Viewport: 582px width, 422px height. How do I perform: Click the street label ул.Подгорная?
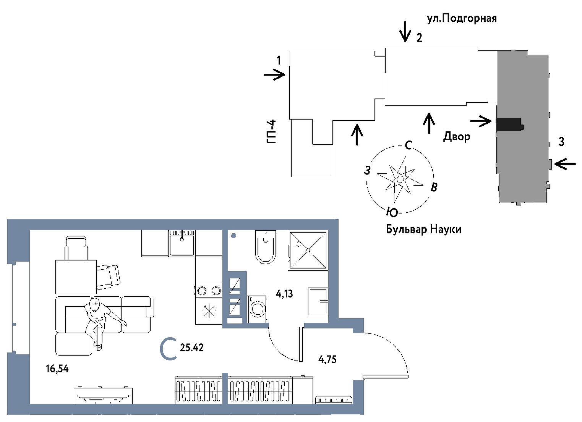click(x=462, y=19)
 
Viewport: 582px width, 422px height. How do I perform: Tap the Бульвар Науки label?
click(x=423, y=230)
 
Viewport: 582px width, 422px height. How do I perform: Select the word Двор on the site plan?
click(x=457, y=137)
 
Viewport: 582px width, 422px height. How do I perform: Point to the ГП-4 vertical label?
click(x=271, y=131)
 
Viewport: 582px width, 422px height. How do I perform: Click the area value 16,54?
click(x=57, y=369)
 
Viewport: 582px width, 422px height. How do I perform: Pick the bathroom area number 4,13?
click(x=284, y=294)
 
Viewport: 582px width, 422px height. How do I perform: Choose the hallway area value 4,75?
click(x=327, y=360)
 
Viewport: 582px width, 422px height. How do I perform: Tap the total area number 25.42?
click(x=192, y=348)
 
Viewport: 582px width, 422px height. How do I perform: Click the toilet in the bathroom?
click(x=266, y=247)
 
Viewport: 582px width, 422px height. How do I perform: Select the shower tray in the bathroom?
click(x=308, y=251)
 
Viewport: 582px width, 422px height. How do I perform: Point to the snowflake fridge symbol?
click(x=209, y=311)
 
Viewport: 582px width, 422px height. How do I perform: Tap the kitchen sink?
click(x=182, y=243)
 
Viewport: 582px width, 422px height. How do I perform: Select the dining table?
click(x=76, y=277)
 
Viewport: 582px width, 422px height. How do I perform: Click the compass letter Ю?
click(x=392, y=212)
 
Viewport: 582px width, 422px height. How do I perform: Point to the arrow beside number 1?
click(x=274, y=75)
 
